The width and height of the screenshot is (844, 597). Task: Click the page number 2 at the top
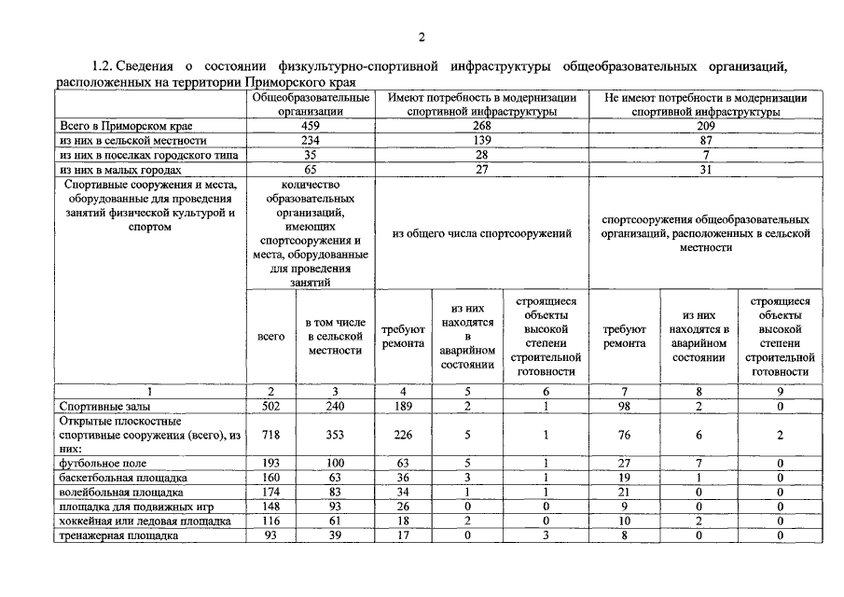coord(422,37)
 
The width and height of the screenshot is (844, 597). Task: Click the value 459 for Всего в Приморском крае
coord(311,124)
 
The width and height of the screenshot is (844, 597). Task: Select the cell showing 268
coord(481,124)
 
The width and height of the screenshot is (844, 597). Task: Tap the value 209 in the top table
coord(705,124)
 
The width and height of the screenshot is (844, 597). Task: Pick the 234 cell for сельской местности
coord(311,139)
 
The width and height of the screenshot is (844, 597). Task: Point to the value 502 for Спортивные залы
coord(270,407)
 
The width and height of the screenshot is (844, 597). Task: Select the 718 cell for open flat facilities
coord(270,435)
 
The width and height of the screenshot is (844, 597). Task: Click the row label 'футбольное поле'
coord(103,463)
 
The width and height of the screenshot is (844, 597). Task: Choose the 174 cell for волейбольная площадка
coord(270,492)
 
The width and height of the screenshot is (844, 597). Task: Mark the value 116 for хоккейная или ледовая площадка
coord(270,521)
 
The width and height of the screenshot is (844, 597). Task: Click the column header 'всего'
coord(270,337)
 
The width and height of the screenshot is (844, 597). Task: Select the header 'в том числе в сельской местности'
coord(335,337)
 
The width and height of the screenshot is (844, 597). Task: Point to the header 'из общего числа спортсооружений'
coord(482,233)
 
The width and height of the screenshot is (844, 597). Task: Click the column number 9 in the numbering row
coord(779,392)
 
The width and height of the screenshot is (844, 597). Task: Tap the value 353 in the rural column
coord(335,435)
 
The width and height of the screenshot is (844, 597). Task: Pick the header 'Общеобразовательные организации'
coord(311,104)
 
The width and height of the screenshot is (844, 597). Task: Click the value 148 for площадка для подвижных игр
coord(270,507)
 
